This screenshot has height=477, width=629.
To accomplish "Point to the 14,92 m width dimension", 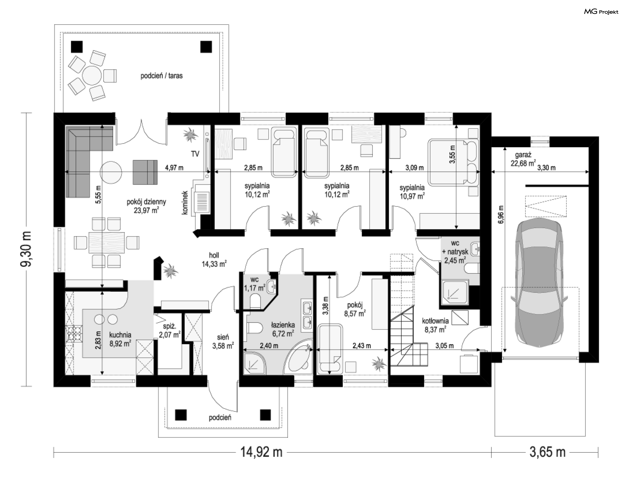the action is click(x=261, y=452).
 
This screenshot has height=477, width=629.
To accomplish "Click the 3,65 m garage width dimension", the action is click(x=547, y=452).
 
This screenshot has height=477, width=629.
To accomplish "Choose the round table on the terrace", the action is click(x=92, y=75).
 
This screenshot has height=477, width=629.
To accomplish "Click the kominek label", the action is click(x=185, y=203).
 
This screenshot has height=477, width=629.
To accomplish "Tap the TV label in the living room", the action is click(x=195, y=154).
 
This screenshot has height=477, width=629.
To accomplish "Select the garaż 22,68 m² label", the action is click(x=523, y=159).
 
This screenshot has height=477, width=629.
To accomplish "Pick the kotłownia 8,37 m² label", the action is click(x=435, y=325).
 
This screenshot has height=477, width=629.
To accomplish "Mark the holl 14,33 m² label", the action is click(x=214, y=259).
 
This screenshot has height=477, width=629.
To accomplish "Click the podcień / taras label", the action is click(x=162, y=76).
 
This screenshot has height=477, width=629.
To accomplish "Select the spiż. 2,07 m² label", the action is click(x=170, y=330).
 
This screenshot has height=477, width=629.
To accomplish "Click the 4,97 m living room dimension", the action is click(x=174, y=168).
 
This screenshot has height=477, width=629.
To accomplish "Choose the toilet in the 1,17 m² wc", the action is click(x=255, y=301).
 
